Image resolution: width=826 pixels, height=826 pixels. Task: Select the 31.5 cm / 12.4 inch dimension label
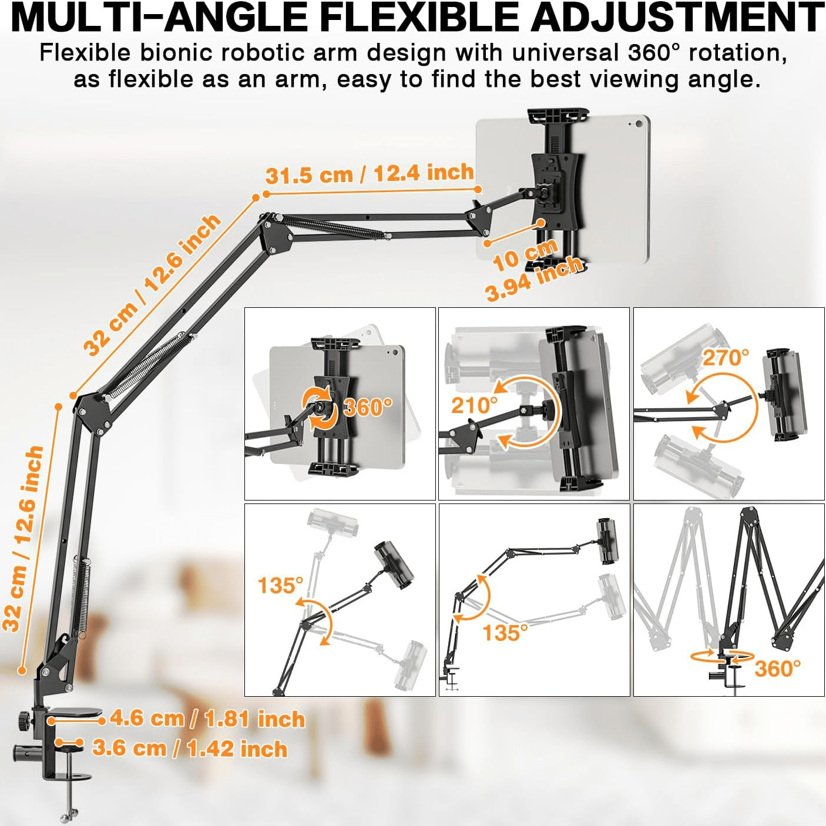pos(370,174)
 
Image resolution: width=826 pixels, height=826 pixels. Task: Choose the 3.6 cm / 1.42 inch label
pos(190,748)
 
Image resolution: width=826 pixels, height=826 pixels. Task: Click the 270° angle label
pos(726,358)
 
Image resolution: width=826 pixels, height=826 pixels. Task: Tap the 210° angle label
pos(475,405)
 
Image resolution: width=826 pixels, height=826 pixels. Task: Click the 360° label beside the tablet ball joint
pos(368,407)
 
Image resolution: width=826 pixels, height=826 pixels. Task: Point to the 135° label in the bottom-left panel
pos(280,585)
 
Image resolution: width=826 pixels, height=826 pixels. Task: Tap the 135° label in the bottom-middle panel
pos(505,633)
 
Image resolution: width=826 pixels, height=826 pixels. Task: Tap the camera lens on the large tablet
pos(639,124)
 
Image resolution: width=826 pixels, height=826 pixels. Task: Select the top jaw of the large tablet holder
pos(558,115)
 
